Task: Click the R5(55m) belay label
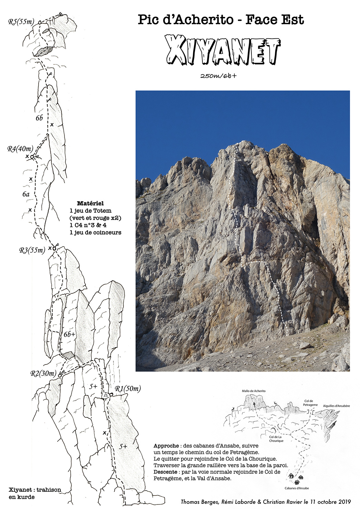click(21, 22)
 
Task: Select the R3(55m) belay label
click(32, 250)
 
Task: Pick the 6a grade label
click(26, 194)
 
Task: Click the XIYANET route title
click(222, 50)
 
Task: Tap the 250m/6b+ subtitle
click(218, 76)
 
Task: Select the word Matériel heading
click(90, 203)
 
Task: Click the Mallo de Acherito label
click(254, 391)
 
